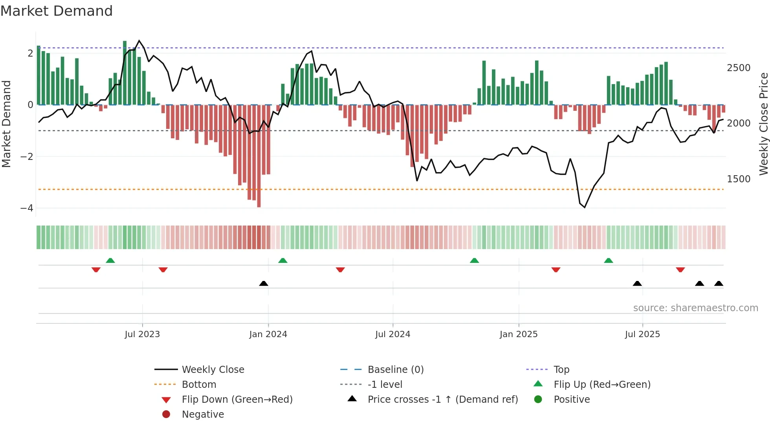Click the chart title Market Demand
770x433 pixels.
[57, 11]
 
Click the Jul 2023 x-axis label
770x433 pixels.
[142, 334]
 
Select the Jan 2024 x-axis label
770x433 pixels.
[268, 334]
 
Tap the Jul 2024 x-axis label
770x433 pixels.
[392, 334]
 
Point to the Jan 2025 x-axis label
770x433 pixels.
[518, 334]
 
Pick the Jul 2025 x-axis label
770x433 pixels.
[642, 334]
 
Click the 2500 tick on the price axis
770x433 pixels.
[739, 68]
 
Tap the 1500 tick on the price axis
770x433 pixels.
[739, 179]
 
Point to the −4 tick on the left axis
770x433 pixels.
[27, 208]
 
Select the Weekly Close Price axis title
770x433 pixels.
[763, 124]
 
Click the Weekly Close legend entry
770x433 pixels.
[213, 370]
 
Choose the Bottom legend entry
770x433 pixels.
[199, 385]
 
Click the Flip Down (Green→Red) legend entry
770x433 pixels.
[237, 400]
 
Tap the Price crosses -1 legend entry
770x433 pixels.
[442, 400]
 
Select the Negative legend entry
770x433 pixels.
[203, 415]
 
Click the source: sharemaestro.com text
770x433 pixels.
[695, 308]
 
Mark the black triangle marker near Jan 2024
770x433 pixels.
[264, 283]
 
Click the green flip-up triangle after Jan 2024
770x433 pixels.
[283, 261]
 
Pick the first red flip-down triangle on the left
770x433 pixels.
[96, 270]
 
